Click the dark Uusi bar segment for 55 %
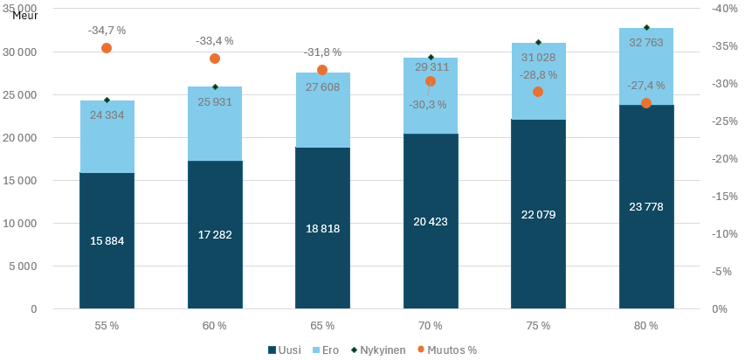107,262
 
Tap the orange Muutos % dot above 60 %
215,59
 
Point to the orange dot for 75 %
538,92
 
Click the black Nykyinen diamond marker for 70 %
431,58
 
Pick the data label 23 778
646,206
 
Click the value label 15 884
107,240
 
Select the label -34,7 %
107,31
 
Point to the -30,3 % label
427,105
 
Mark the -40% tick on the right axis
721,9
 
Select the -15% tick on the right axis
721,197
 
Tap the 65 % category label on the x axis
322,326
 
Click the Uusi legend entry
285,350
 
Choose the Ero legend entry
328,350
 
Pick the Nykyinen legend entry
378,350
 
